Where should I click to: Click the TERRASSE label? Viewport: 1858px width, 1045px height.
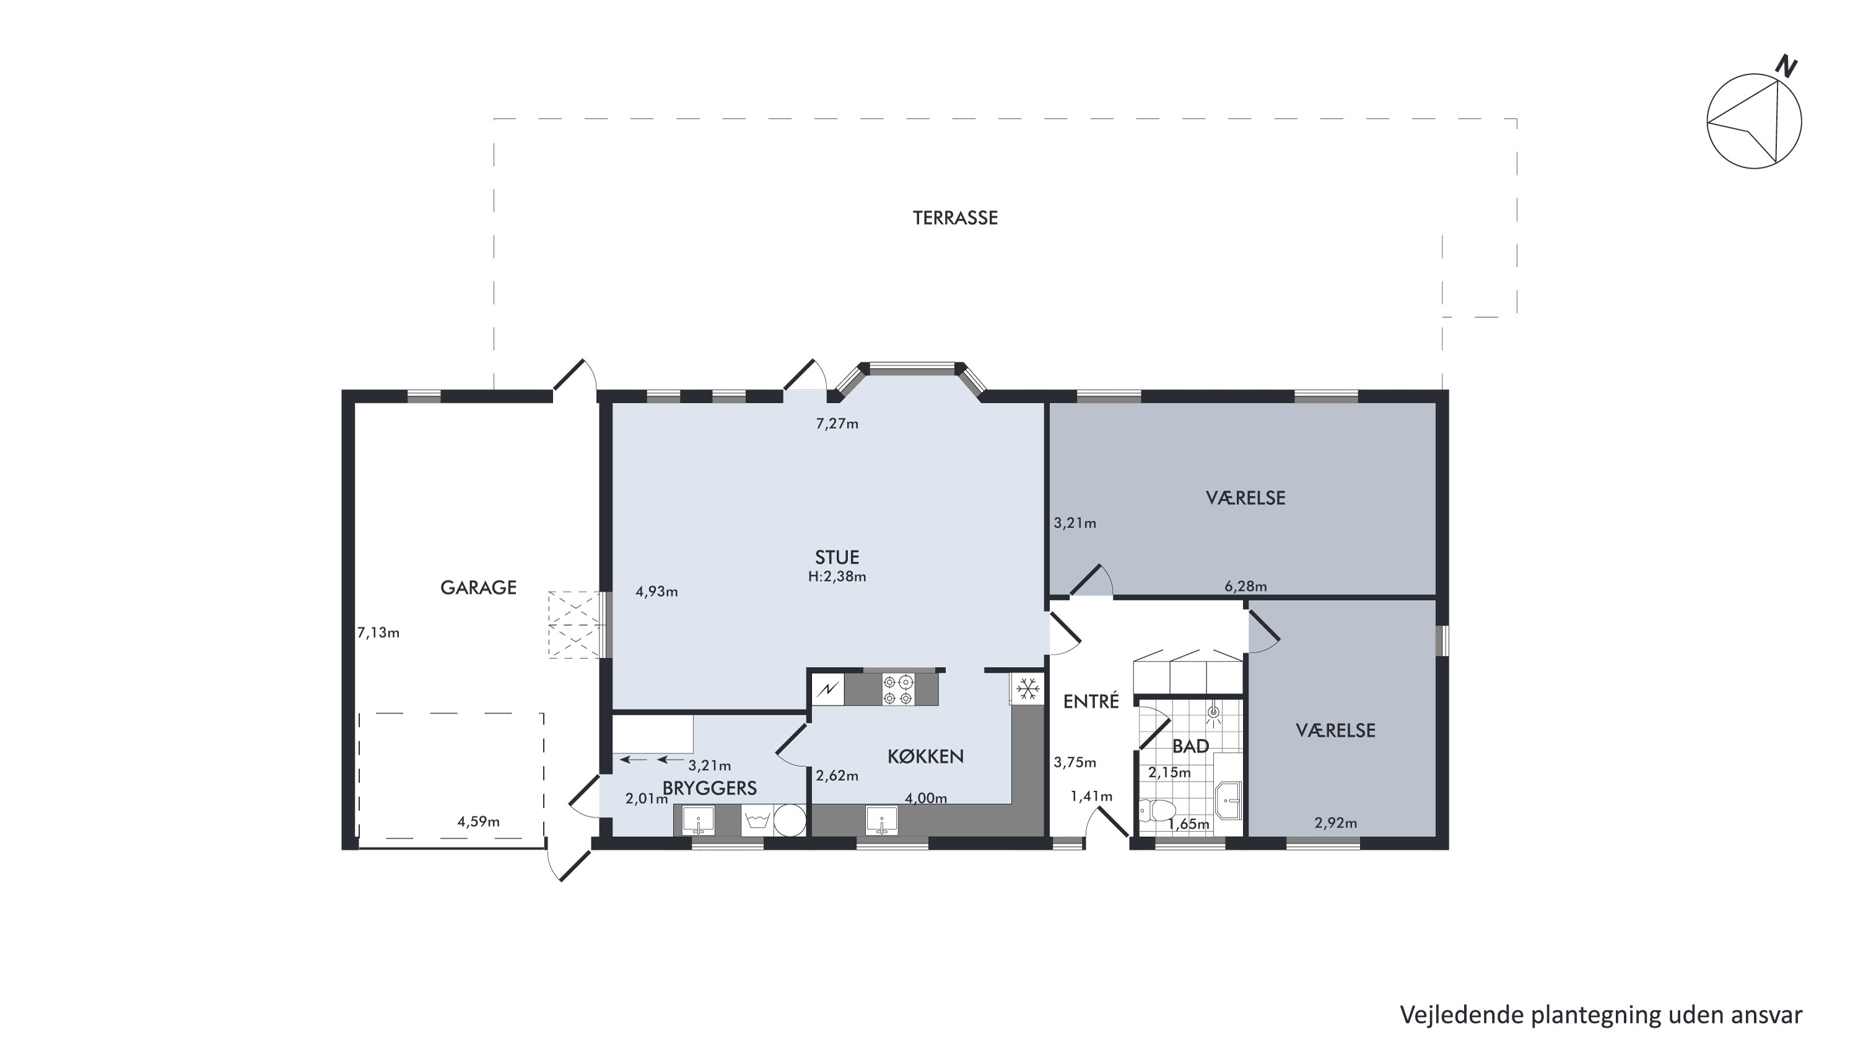955,218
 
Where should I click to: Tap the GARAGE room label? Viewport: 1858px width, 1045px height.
478,588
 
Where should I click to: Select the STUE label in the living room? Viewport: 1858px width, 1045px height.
837,557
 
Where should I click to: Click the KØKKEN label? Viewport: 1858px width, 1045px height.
925,756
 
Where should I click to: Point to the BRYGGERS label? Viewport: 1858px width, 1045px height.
710,788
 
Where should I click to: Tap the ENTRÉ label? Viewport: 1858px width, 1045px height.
1091,701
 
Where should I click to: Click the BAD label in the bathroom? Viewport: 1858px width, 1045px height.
1190,746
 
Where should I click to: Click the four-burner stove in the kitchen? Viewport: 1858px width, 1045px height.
899,689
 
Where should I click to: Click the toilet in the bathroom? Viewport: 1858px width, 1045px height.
1157,809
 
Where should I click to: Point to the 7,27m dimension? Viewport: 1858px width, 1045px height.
837,423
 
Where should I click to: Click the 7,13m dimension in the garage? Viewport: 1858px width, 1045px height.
378,633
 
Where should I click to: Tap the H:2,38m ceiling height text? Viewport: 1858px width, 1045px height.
837,576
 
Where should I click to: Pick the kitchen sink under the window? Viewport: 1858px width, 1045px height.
881,821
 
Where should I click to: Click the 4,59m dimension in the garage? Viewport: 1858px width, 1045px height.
478,821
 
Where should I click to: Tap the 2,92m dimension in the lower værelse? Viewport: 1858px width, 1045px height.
1335,822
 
